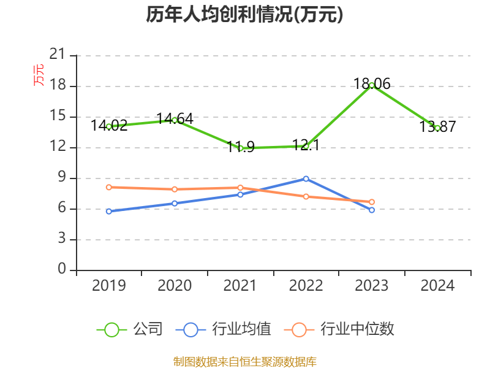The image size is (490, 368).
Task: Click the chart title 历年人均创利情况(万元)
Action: click(x=244, y=15)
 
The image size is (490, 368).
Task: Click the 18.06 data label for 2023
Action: click(x=372, y=84)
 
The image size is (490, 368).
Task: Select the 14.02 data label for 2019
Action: click(x=109, y=126)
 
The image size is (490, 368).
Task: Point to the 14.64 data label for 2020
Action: click(x=175, y=118)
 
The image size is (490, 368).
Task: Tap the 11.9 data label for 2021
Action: click(x=240, y=147)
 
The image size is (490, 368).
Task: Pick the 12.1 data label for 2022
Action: click(x=306, y=145)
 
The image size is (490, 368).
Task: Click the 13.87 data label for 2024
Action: click(x=437, y=127)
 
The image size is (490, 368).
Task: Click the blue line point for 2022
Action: click(x=306, y=178)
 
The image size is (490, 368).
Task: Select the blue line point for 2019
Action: click(x=109, y=211)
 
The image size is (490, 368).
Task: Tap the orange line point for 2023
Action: click(x=372, y=202)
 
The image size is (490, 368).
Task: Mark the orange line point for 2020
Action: click(x=175, y=190)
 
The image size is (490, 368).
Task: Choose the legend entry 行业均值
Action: click(x=224, y=329)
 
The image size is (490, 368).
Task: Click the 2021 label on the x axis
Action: click(x=240, y=286)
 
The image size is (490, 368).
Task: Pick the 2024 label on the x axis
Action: click(x=437, y=286)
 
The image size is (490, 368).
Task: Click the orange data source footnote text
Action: click(x=244, y=361)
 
